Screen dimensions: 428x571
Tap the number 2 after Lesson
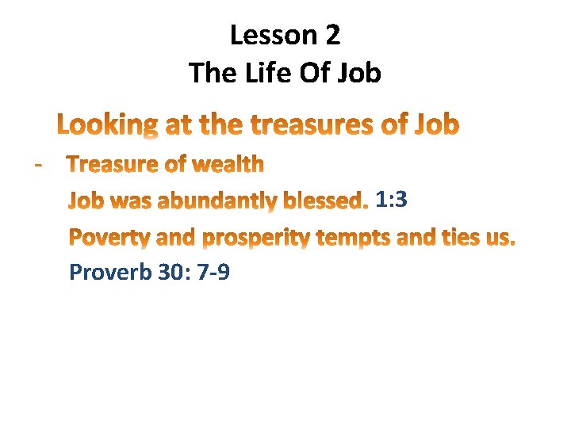[332, 35]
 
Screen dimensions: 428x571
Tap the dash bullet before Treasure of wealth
[37, 163]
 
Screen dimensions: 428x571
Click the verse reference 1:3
[392, 200]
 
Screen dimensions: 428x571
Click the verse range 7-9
[209, 273]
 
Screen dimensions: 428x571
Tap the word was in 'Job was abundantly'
[129, 201]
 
